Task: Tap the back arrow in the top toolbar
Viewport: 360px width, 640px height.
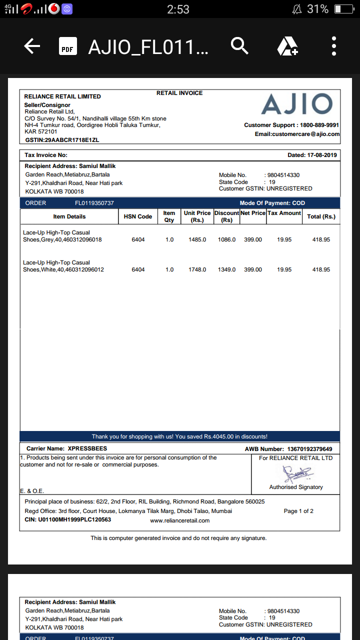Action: point(32,46)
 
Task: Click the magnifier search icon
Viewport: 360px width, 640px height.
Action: point(239,46)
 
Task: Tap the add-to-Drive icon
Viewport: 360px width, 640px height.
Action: point(287,46)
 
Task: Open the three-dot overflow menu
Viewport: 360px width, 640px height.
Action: point(334,46)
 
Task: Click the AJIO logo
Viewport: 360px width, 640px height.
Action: point(296,104)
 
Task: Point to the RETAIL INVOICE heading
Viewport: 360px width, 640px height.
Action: point(179,93)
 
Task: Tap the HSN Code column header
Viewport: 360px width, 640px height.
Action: point(138,216)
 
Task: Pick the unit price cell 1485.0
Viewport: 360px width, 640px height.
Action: point(197,240)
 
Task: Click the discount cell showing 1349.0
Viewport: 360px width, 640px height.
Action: point(226,270)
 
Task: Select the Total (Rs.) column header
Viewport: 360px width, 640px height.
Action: point(321,216)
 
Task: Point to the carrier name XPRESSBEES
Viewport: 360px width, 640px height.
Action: point(87,448)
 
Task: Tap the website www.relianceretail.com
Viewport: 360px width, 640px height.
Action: point(179,520)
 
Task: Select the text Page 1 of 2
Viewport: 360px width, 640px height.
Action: point(298,511)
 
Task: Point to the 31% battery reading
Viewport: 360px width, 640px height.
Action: point(317,9)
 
